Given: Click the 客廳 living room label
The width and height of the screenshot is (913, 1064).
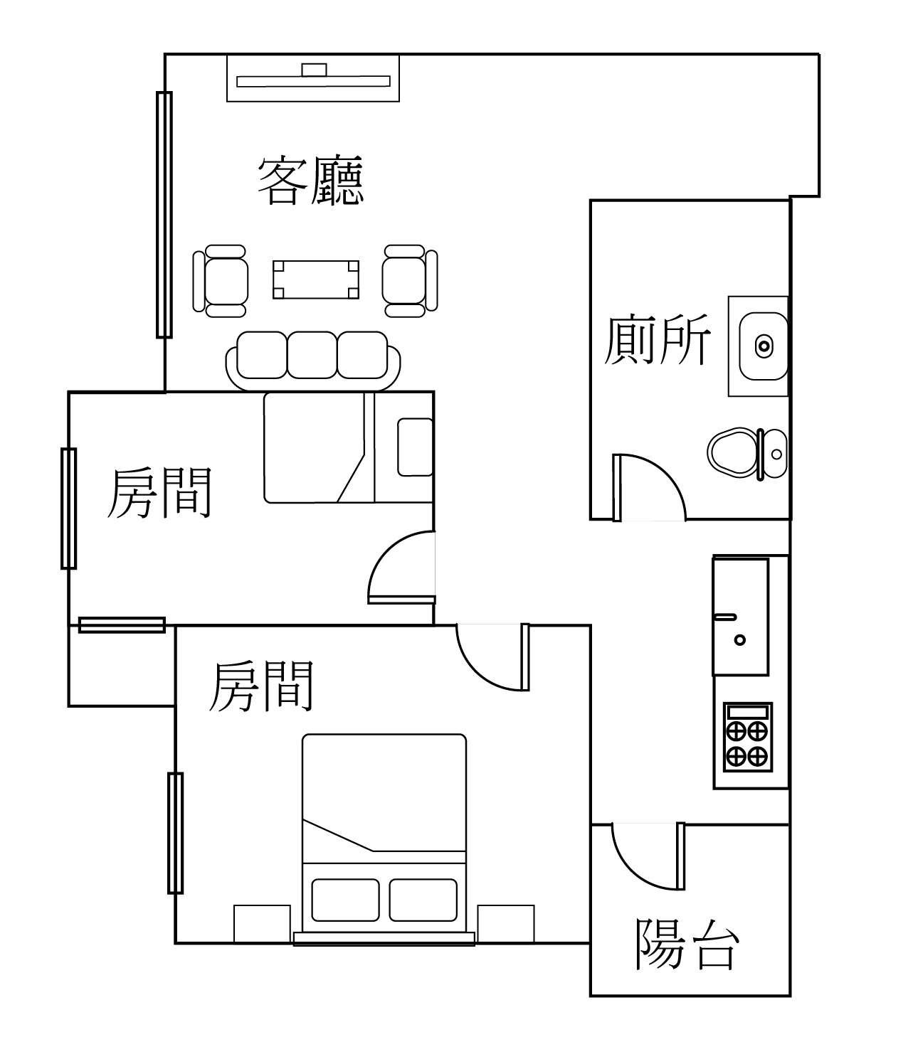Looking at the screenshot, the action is click(x=310, y=181).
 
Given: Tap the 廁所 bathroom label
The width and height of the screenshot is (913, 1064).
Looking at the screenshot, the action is click(x=657, y=340).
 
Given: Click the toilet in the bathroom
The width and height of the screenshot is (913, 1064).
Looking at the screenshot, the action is click(x=747, y=454).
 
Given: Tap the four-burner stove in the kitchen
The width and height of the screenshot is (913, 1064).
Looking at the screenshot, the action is click(x=748, y=737).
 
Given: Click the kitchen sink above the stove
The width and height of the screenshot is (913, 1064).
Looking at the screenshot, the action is click(x=741, y=616).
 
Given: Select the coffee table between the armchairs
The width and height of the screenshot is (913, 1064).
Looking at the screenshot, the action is click(x=316, y=280).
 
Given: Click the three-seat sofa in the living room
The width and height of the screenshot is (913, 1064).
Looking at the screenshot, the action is click(x=313, y=361).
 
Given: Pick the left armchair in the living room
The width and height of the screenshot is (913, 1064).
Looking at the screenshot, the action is click(x=221, y=280).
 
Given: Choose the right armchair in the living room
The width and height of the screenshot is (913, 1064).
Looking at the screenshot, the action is click(x=410, y=280).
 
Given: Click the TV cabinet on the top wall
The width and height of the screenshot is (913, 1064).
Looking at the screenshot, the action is click(x=313, y=78).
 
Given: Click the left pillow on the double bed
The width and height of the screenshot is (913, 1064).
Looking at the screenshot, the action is click(x=346, y=900).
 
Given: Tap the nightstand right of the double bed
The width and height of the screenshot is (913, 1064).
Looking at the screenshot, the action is click(x=506, y=924).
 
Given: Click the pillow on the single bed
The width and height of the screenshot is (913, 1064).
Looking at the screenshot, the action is click(x=415, y=447).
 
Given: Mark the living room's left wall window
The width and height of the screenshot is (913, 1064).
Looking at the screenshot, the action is click(x=164, y=215).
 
